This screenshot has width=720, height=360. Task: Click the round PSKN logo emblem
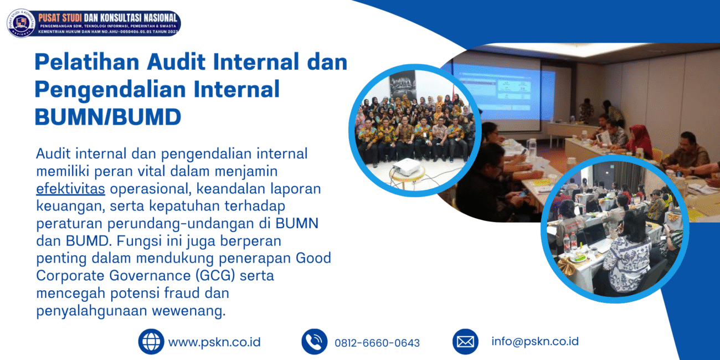click(21, 23)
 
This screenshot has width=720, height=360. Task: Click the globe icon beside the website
click(151, 342)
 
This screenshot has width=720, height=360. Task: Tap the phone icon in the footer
click(315, 342)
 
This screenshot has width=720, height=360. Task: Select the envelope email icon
click(465, 342)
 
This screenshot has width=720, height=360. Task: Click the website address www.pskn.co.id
click(214, 342)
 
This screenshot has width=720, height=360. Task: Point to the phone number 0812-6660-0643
click(377, 343)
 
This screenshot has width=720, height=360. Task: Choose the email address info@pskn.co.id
click(535, 341)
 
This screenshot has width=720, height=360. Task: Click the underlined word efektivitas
click(70, 189)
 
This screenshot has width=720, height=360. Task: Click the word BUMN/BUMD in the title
click(108, 117)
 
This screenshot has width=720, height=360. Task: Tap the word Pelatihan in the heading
click(87, 61)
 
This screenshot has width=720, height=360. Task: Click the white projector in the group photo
click(407, 167)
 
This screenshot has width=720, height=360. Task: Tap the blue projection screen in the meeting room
click(503, 91)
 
